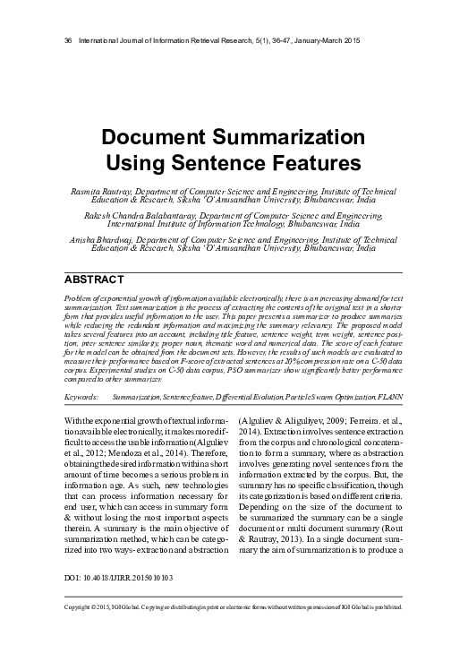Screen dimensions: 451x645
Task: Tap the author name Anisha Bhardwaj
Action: pos(94,239)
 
